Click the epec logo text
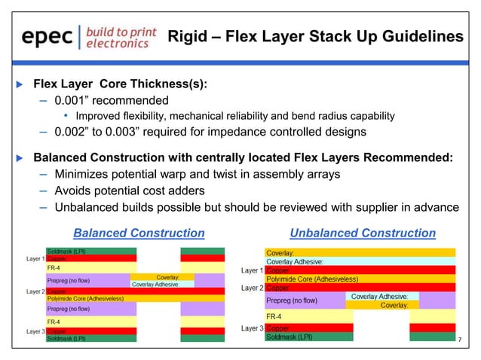coord(47,37)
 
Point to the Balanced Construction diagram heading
coord(138,233)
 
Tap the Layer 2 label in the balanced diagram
coord(35,291)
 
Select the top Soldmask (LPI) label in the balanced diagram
coord(66,251)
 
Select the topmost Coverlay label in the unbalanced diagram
coord(280,252)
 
